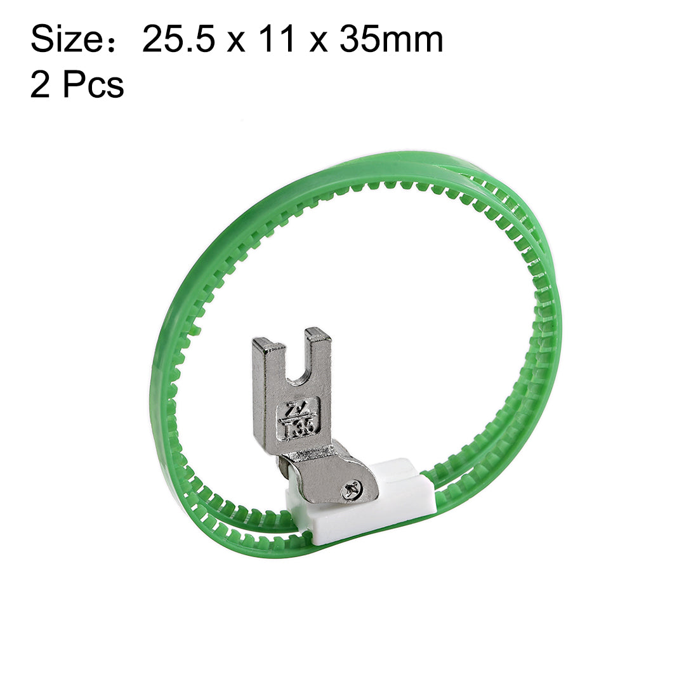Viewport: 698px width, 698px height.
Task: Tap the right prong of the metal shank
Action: coord(319,355)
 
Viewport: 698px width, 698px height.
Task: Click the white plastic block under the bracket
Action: coord(368,517)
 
